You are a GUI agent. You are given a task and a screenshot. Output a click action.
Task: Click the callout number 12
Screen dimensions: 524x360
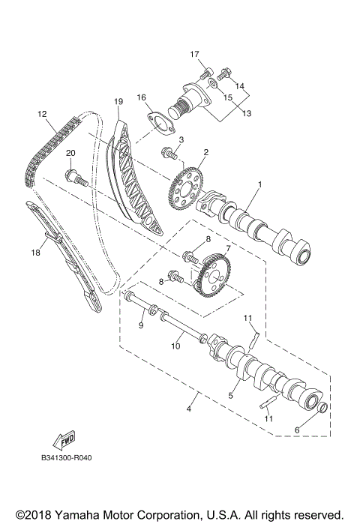click(x=42, y=114)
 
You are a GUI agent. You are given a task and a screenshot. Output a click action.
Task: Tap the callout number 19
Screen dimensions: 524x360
click(x=118, y=101)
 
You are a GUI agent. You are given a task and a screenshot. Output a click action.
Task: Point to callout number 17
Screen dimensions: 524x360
click(x=194, y=54)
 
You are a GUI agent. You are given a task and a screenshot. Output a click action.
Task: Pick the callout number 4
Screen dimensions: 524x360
click(x=189, y=409)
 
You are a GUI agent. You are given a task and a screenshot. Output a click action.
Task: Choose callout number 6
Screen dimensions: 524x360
click(x=296, y=431)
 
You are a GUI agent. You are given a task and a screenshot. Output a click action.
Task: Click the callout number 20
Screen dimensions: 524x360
click(x=70, y=154)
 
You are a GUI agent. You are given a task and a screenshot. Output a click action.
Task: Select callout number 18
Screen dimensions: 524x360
click(x=34, y=253)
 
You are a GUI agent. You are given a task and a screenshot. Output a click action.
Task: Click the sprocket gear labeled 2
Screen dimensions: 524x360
click(x=186, y=181)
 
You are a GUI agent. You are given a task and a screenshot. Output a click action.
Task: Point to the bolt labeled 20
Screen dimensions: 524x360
click(x=76, y=178)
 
